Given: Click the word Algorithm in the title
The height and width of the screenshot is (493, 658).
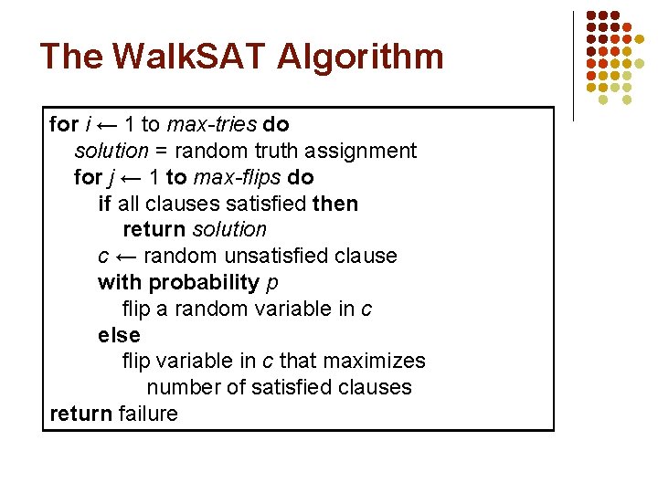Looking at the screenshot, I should pyautogui.click(x=360, y=57).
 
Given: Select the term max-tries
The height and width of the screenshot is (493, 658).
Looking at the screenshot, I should pyautogui.click(x=212, y=124).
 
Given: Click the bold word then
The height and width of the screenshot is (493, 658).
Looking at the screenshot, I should pyautogui.click(x=334, y=204).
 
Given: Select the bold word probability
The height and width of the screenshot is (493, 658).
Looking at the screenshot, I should pyautogui.click(x=204, y=282).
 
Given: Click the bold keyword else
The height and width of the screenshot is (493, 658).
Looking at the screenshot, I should pyautogui.click(x=119, y=335).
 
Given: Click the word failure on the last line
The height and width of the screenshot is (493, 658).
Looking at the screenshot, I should pyautogui.click(x=148, y=414).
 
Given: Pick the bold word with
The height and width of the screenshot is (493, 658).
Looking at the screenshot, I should pyautogui.click(x=120, y=282).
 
